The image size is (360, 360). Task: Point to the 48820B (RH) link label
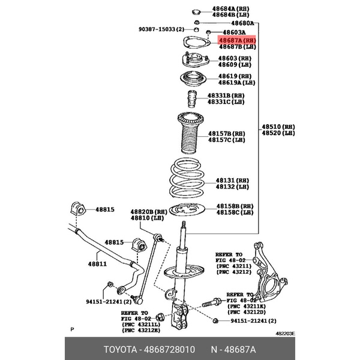(148, 212)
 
